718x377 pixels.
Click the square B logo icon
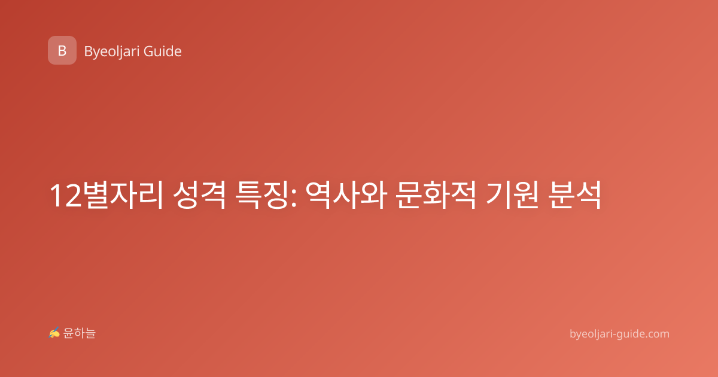coord(62,50)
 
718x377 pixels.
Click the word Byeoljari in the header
coord(111,52)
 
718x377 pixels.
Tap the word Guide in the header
coord(163,51)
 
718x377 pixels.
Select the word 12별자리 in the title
coord(106,195)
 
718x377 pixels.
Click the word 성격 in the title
coord(199,195)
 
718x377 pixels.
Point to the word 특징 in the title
coord(262,195)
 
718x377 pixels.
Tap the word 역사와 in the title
coord(346,195)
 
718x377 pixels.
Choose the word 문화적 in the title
coord(436,195)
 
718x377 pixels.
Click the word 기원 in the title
coord(512,195)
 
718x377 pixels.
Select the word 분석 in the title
coord(575,195)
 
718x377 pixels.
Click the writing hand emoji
coord(54,333)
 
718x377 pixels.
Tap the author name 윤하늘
coord(79,333)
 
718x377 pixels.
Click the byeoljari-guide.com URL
coord(619,334)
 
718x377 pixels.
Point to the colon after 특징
coord(294,198)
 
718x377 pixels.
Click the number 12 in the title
coord(66,196)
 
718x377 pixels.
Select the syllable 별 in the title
coord(96,195)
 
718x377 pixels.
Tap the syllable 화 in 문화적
coord(436,195)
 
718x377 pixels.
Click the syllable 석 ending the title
coord(588,195)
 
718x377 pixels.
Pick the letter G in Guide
coord(148,51)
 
